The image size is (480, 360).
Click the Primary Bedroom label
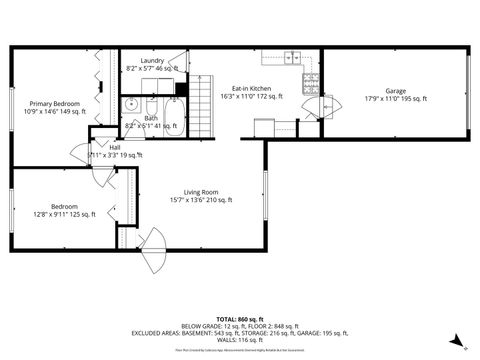[54, 104]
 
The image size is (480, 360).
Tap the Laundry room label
[152, 60]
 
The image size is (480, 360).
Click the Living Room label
[201, 191]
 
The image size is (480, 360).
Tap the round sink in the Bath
[132, 104]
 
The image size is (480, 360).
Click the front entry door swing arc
[155, 250]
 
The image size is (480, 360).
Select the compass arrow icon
[455, 339]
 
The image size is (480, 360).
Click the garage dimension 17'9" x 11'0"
[397, 98]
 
